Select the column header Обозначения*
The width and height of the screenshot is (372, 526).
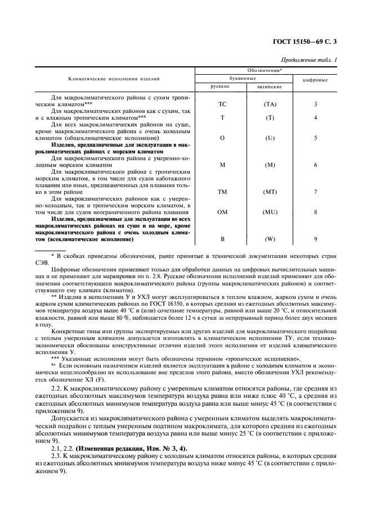pos(265,71)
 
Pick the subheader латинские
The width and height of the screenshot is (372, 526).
pos(268,87)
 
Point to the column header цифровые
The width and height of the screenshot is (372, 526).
pos(316,80)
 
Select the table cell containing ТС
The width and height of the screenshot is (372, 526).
pos(221,105)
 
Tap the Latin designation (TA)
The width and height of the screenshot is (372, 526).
pos(270,105)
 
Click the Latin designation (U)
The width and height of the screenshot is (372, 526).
pos(270,138)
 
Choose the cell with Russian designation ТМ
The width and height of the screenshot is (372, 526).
pos(221,192)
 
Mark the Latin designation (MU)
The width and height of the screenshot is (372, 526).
pos(270,212)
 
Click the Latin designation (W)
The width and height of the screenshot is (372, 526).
pos(270,239)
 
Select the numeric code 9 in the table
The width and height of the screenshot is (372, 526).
pos(316,239)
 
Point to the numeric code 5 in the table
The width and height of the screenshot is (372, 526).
pos(316,138)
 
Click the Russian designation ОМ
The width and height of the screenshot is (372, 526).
pos(221,212)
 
